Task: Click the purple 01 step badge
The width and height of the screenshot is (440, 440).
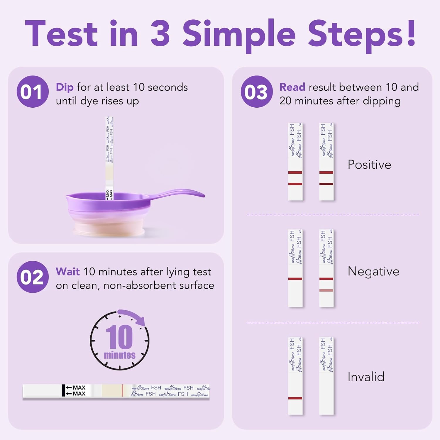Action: (32, 92)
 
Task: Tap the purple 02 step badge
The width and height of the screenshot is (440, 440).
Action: (32, 277)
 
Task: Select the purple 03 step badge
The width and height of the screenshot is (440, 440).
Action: (256, 92)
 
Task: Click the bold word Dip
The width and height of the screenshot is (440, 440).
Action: (65, 87)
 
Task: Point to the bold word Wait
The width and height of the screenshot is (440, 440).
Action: (67, 272)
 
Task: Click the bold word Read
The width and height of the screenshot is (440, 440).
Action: (292, 87)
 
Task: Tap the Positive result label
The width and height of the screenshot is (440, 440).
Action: (369, 165)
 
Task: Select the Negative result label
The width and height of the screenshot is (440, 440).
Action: (373, 271)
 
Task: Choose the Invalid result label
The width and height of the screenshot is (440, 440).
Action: (366, 377)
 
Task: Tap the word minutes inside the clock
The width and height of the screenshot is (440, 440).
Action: (120, 355)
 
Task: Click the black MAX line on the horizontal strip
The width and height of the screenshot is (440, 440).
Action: (63, 390)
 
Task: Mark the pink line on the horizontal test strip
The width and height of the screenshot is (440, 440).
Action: (122, 390)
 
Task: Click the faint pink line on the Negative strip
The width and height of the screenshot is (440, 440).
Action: (326, 290)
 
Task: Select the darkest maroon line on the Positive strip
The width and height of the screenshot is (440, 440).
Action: (326, 184)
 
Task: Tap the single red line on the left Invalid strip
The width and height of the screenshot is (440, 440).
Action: (295, 398)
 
